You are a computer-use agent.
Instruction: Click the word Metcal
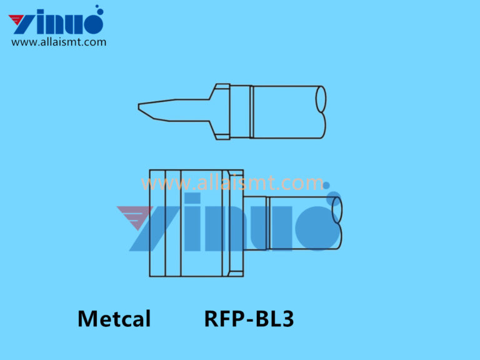pyautogui.click(x=114, y=319)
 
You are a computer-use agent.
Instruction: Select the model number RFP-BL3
pyautogui.click(x=249, y=319)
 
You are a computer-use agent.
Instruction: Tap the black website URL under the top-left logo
pyautogui.click(x=59, y=42)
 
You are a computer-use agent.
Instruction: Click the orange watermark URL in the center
pyautogui.click(x=232, y=183)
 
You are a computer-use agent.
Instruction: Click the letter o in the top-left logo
pyautogui.click(x=91, y=23)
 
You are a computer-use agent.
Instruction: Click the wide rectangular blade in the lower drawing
pyautogui.click(x=187, y=223)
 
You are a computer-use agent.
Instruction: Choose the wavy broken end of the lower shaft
pyautogui.click(x=337, y=222)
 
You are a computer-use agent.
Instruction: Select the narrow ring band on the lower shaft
pyautogui.click(x=267, y=222)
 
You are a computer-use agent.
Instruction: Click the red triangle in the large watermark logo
pyautogui.click(x=134, y=216)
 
